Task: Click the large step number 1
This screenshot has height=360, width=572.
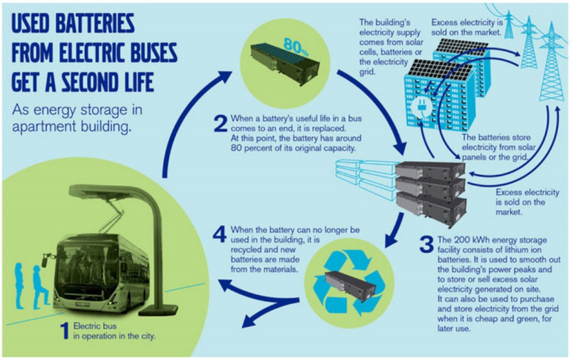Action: [x=65, y=331]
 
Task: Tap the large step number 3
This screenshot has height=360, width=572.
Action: [x=426, y=245]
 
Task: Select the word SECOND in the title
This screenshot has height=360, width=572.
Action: [x=89, y=83]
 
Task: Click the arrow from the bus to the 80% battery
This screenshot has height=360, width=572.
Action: [x=184, y=117]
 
